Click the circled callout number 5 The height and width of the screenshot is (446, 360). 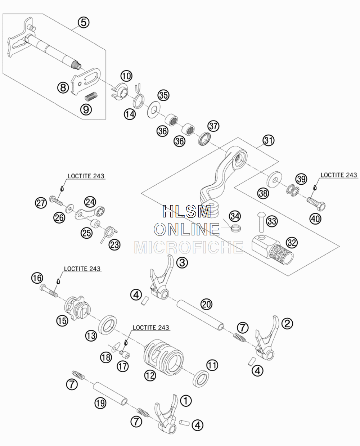click(x=84, y=22)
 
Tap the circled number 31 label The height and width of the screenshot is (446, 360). click(x=269, y=140)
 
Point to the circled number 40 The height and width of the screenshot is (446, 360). click(x=315, y=219)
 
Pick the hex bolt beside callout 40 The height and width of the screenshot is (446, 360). click(x=316, y=204)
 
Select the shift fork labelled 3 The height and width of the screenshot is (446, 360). click(x=162, y=277)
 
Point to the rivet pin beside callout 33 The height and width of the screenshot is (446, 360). click(x=261, y=222)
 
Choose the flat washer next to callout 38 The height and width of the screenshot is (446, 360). click(x=275, y=179)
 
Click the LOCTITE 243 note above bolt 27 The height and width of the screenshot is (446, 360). click(x=86, y=176)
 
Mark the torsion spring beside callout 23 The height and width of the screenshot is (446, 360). click(x=108, y=234)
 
